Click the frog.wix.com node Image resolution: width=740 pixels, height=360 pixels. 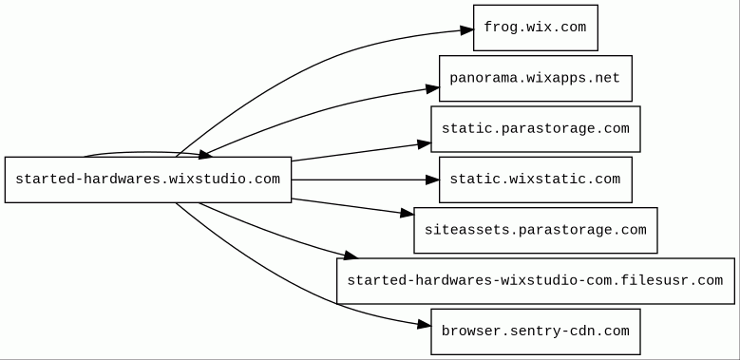click(x=536, y=28)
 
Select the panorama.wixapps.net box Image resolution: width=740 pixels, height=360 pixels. click(x=536, y=78)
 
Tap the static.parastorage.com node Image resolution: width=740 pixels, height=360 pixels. click(x=536, y=129)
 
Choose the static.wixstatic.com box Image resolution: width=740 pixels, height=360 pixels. click(x=536, y=180)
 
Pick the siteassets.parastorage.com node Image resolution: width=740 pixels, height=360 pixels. click(x=536, y=230)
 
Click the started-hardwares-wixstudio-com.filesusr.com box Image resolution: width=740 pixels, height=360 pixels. click(x=536, y=281)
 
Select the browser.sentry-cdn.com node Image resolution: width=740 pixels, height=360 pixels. click(x=536, y=332)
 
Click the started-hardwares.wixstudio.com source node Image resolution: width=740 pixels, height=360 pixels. click(x=148, y=180)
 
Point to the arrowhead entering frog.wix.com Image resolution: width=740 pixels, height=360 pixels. click(x=467, y=30)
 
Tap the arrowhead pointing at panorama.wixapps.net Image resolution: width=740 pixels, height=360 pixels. click(x=433, y=88)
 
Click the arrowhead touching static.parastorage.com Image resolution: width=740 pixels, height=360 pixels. click(x=425, y=144)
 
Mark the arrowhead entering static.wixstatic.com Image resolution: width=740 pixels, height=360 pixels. click(x=432, y=180)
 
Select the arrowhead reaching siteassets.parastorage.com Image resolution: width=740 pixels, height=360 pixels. click(x=408, y=214)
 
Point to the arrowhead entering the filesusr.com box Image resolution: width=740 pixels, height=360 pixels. click(x=351, y=256)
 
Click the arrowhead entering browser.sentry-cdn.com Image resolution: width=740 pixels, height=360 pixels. click(x=425, y=325)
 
